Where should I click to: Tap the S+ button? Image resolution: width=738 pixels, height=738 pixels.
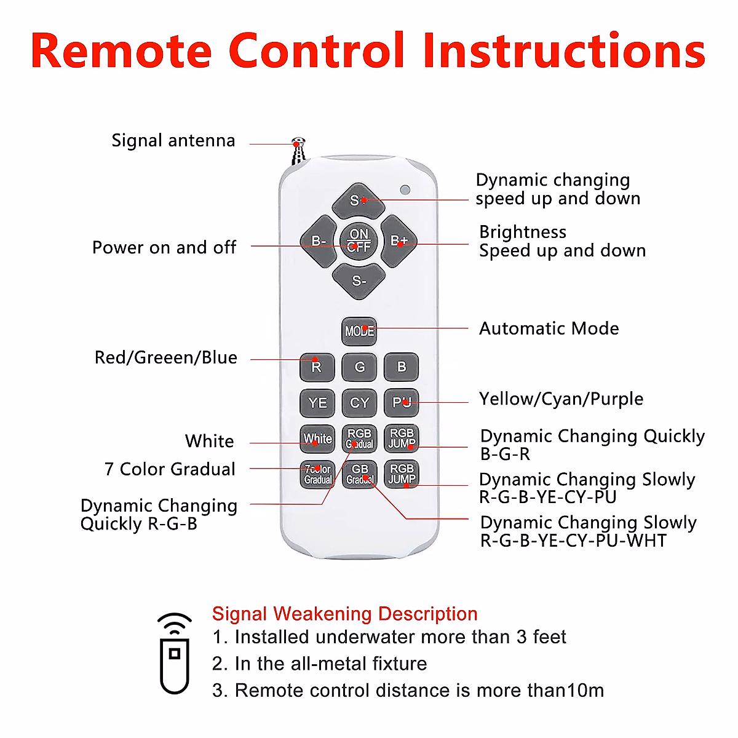(359, 200)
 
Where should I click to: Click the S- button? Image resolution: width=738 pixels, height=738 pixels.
(359, 281)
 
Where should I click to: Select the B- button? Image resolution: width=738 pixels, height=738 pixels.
(319, 241)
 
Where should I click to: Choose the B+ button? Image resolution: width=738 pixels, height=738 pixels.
(399, 241)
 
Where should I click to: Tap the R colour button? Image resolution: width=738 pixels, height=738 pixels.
(317, 367)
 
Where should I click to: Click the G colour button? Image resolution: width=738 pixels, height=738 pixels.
(359, 367)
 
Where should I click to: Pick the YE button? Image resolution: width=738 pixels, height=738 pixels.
(317, 403)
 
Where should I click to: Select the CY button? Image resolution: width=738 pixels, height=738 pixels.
(359, 403)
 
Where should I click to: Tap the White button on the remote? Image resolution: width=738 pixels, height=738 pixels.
(317, 438)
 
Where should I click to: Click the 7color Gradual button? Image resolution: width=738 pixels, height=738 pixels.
(317, 474)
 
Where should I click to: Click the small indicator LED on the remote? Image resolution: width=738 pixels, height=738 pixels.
(405, 189)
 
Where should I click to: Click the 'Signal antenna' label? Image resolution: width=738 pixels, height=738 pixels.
(173, 141)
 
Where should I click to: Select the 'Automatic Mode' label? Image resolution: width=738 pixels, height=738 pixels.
(549, 328)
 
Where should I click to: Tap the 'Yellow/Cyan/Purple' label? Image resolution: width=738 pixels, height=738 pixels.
(561, 399)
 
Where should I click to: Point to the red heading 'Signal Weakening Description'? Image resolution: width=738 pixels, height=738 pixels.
(344, 614)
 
